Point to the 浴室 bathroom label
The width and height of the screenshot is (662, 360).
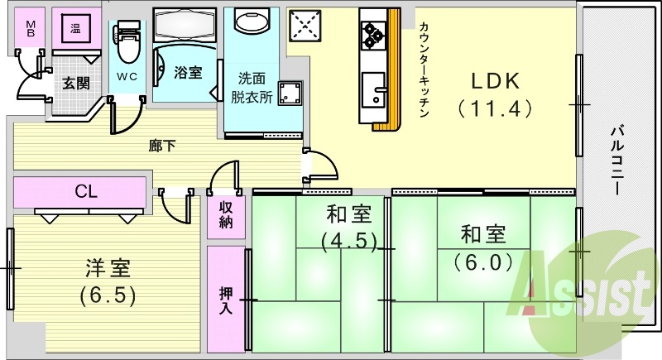187,72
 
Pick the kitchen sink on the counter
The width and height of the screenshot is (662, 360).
372,90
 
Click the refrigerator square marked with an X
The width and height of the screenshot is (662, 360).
303,26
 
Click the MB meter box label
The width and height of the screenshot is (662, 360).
31,30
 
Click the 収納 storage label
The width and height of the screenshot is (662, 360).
226,214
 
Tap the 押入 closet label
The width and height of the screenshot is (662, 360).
226,301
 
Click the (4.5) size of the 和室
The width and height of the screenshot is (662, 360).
348,241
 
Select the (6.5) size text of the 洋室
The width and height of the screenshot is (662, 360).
108,294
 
